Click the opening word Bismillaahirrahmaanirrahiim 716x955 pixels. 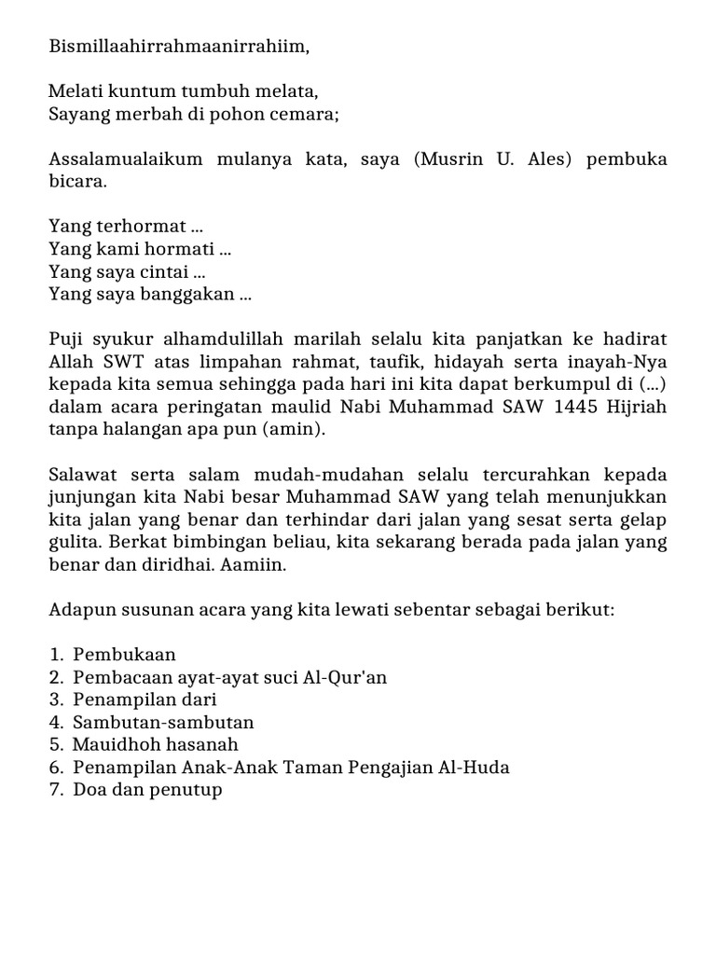[x=178, y=47]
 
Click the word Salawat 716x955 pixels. [x=80, y=475]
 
